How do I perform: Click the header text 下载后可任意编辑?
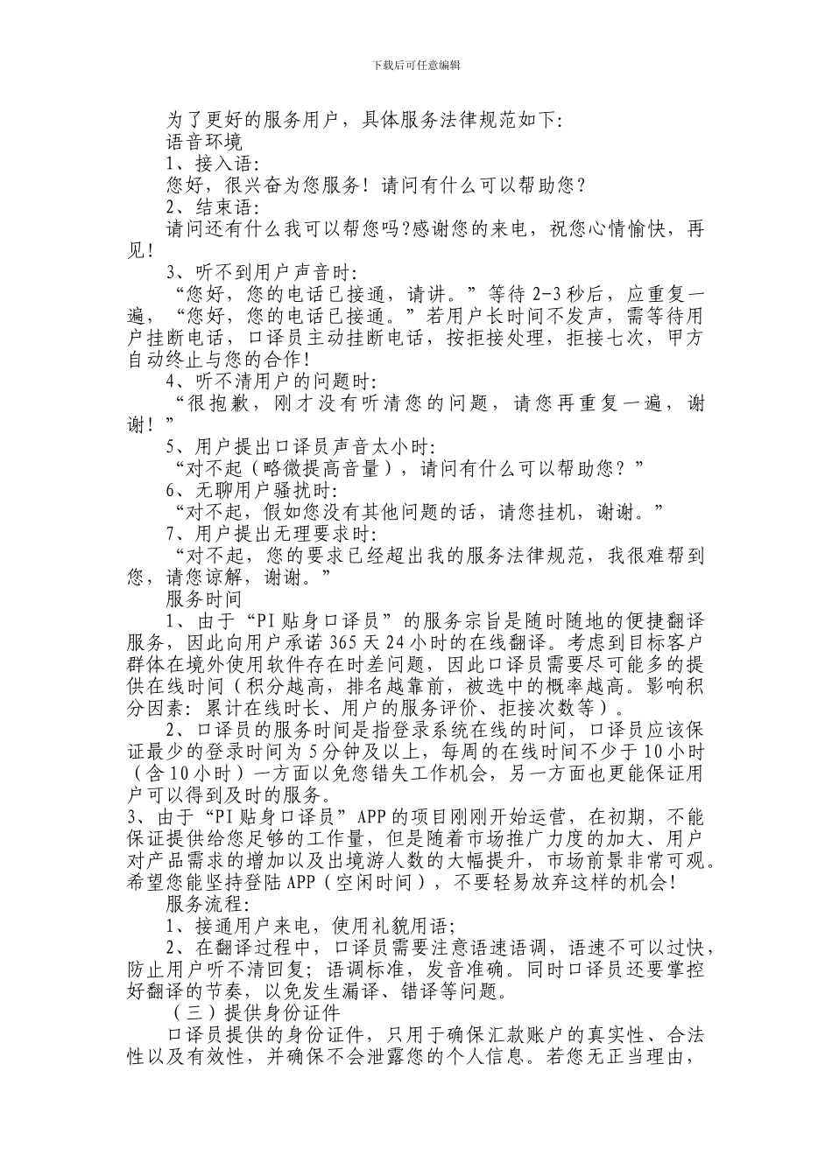(x=417, y=65)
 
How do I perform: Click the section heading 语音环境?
(x=204, y=140)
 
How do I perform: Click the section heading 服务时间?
(x=204, y=598)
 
